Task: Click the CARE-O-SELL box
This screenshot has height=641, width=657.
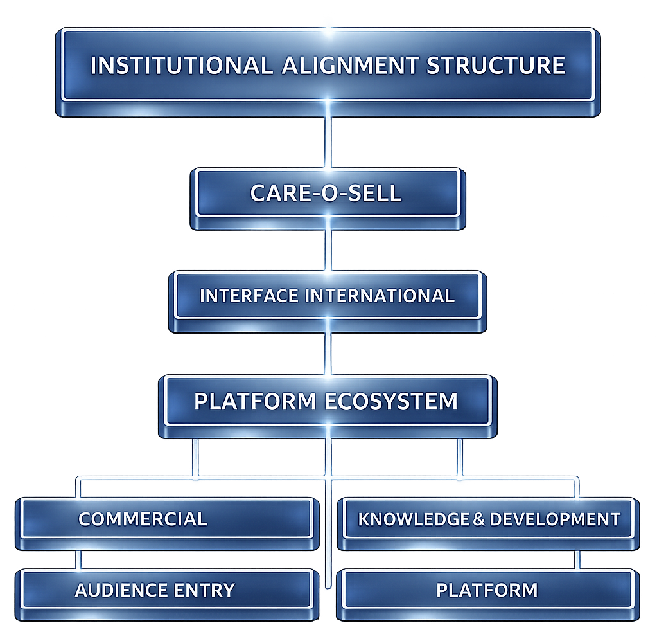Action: [327, 193]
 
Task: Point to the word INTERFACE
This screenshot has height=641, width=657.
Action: [249, 296]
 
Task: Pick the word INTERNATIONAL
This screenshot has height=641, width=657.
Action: [379, 296]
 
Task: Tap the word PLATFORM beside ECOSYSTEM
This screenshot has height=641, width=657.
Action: [255, 401]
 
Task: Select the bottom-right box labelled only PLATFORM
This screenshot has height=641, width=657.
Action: [487, 590]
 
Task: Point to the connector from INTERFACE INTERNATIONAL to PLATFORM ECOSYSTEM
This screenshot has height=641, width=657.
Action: [328, 354]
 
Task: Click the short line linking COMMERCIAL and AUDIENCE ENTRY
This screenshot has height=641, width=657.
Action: [78, 559]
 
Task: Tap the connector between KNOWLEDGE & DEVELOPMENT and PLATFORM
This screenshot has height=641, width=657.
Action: [577, 559]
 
